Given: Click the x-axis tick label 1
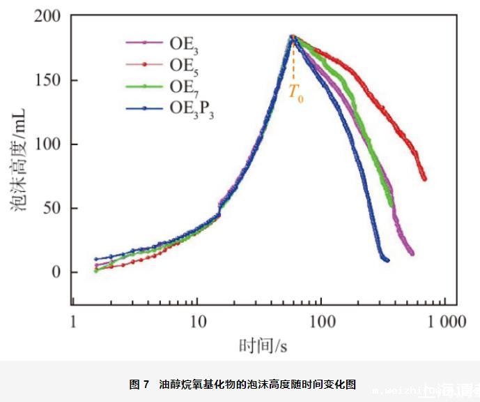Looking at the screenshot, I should coord(72,322).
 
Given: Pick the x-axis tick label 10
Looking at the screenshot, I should coord(196,322).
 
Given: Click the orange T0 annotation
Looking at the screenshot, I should coord(296,94).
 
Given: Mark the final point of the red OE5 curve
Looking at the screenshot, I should coord(424,179).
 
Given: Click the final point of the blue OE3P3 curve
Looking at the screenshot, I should coord(387,260).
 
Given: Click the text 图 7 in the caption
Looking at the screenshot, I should coord(139,385).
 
